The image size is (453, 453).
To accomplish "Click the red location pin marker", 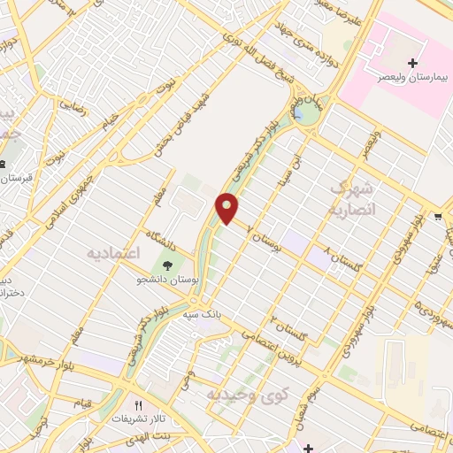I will (x=227, y=208).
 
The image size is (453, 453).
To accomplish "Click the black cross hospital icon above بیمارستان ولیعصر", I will (x=412, y=63).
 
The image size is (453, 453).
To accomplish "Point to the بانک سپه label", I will (x=202, y=314).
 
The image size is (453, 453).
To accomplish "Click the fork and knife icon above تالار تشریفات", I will (x=138, y=404).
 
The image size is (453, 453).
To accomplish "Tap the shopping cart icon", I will (x=438, y=216).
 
